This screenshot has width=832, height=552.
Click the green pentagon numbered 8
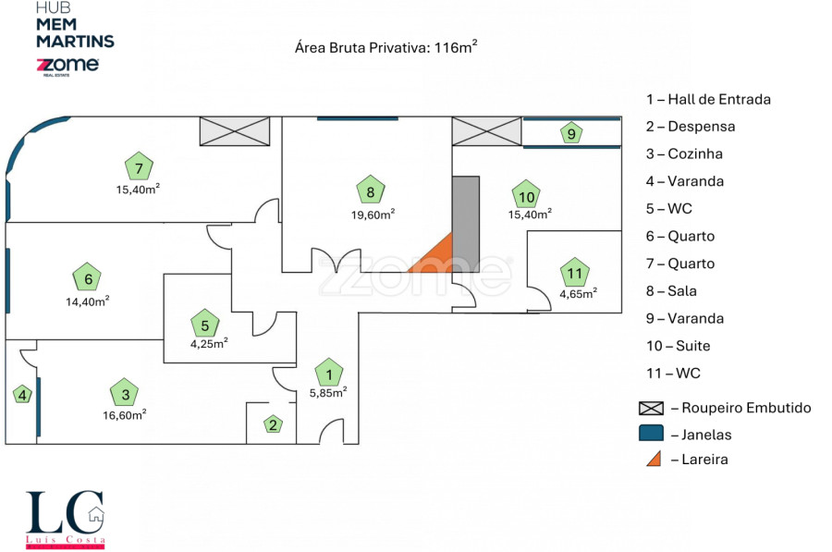coord(370,190)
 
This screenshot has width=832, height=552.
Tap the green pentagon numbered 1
coord(328,374)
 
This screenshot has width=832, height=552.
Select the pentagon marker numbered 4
coord(21,395)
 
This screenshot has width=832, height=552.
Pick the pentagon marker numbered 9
coord(572,133)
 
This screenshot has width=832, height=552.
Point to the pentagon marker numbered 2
coord(273,424)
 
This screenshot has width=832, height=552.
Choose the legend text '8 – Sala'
coord(684,291)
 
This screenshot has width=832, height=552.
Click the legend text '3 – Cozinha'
coord(684,153)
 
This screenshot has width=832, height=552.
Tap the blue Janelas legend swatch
coord(651,433)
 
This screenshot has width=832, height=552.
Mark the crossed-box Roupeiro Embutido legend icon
coord(651,408)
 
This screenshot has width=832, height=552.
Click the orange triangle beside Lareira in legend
coord(653,458)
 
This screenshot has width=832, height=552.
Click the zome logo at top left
coord(67,66)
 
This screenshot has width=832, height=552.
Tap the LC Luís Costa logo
coord(65,519)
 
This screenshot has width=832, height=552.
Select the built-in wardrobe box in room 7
coord(235,131)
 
